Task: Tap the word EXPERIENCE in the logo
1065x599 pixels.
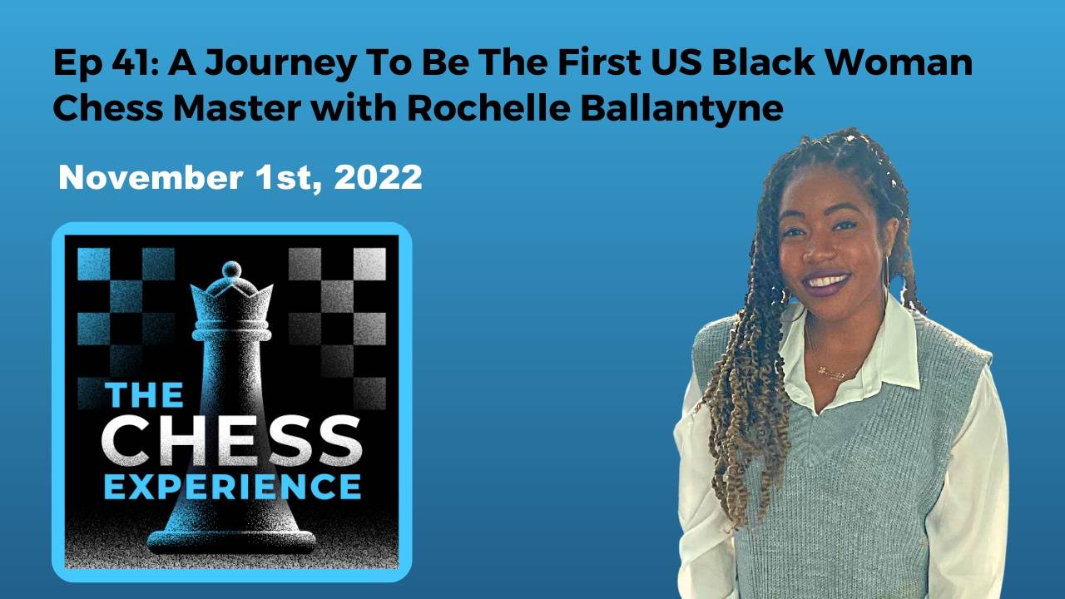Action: (x=232, y=486)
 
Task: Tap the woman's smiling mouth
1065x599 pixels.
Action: (x=827, y=280)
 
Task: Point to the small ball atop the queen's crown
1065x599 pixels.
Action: (x=230, y=270)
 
